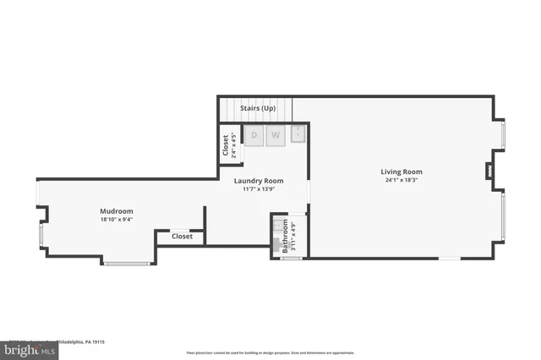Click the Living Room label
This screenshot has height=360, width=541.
[x=402, y=172]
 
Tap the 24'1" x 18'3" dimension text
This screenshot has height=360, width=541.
[x=402, y=180]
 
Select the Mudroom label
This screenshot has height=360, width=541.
[x=117, y=211]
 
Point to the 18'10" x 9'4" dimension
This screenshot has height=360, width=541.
[x=117, y=220]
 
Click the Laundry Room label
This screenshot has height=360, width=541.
[x=260, y=181]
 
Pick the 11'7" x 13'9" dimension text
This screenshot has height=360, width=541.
[x=260, y=189]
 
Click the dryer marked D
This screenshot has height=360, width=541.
[x=254, y=135]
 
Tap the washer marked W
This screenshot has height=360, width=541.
[x=276, y=135]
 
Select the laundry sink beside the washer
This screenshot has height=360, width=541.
[x=298, y=134]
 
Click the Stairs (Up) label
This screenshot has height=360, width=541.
[x=258, y=108]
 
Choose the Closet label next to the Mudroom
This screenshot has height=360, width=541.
[x=182, y=237]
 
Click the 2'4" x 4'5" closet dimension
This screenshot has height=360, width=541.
[x=234, y=145]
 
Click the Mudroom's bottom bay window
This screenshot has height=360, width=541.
[x=128, y=263]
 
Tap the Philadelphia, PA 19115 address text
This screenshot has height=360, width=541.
[x=85, y=342]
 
